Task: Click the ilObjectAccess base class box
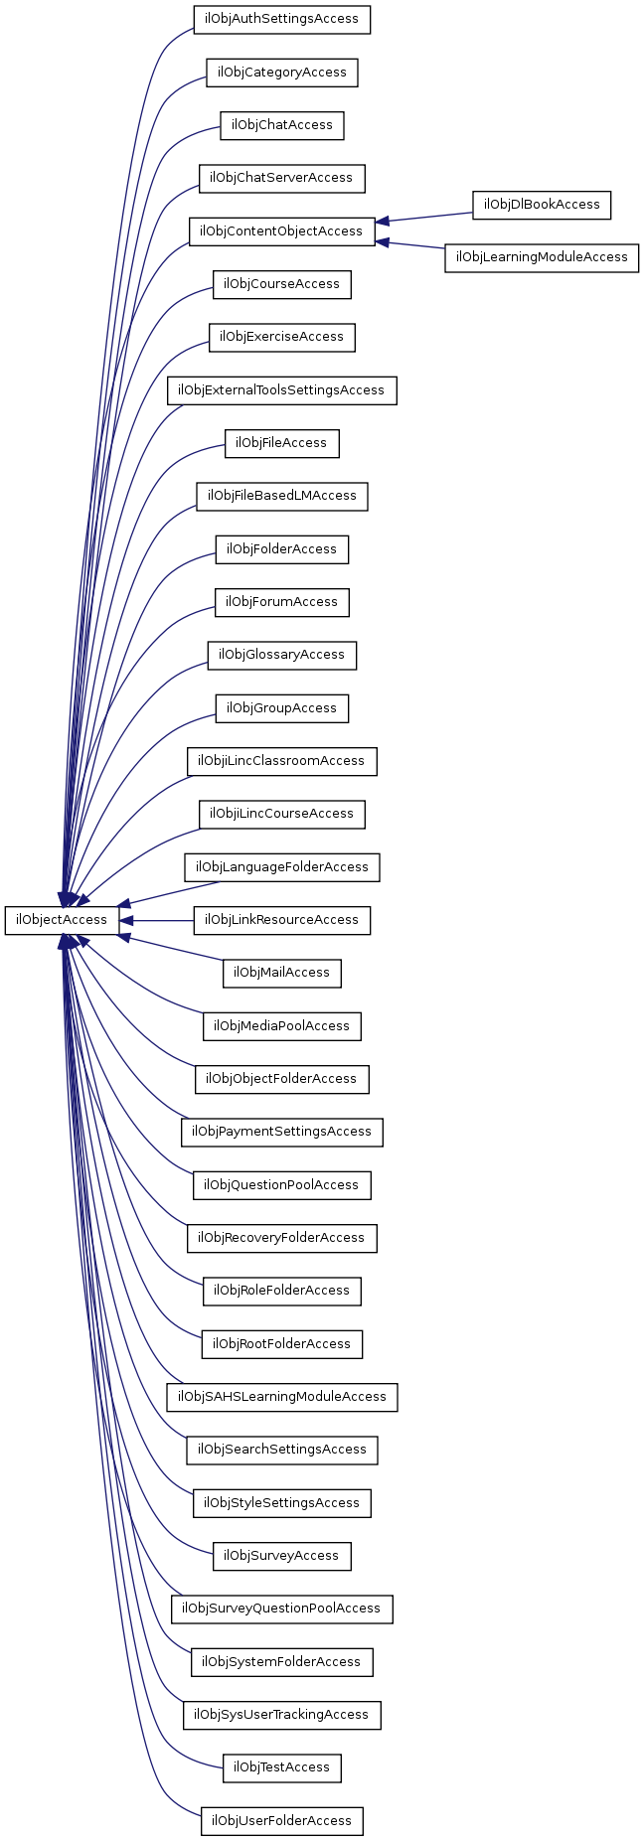point(62,920)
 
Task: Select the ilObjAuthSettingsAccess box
point(282,20)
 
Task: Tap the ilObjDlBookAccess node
point(542,205)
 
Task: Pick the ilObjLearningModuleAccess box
point(542,257)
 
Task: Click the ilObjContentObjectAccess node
point(282,231)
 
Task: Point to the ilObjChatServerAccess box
point(282,179)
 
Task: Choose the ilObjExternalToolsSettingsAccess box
point(282,390)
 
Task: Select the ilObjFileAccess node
point(282,443)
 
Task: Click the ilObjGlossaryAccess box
point(282,655)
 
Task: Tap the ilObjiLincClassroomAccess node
point(282,761)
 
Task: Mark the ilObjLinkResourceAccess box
point(282,920)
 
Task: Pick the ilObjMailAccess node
point(282,973)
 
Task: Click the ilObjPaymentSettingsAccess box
point(282,1132)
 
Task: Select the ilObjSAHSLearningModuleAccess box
point(282,1397)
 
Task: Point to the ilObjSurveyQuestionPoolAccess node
point(282,1609)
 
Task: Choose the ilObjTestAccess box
point(282,1767)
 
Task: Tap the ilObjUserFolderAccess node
point(282,1821)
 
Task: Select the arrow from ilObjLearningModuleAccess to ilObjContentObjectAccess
point(410,244)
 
